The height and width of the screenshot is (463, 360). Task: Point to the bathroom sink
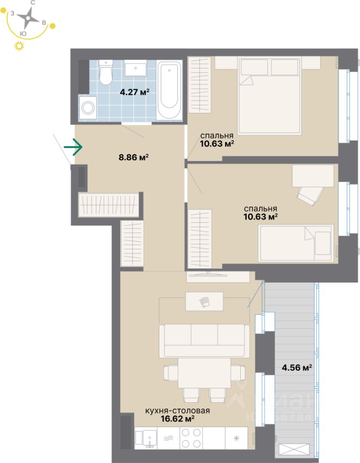136,69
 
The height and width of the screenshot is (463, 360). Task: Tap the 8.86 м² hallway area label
133,156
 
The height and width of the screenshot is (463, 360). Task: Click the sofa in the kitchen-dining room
205,340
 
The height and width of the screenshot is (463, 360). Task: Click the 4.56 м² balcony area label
296,367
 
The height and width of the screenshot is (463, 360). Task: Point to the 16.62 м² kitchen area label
178,419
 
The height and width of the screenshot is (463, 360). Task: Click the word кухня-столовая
178,411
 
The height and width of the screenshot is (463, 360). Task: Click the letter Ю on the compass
23,33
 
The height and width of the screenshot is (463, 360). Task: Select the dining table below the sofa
205,373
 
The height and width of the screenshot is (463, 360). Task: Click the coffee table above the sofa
204,301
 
